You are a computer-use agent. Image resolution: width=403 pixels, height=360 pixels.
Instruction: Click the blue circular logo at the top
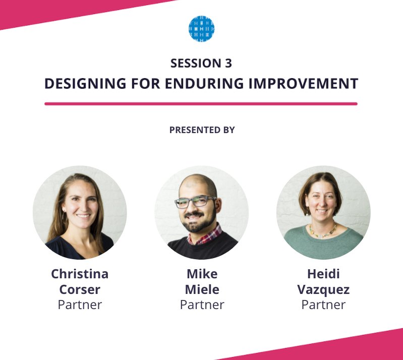point(201,28)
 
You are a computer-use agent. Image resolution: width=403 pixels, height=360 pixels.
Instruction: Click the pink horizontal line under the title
point(201,103)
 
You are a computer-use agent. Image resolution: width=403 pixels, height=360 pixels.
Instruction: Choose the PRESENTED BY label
point(202,130)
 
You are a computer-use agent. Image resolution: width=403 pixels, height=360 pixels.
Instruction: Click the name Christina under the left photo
point(80,274)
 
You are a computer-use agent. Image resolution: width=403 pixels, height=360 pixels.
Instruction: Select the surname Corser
point(80,289)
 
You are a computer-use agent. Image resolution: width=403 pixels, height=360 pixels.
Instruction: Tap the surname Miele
point(202,289)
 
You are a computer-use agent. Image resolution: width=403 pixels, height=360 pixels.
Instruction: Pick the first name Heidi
point(323,274)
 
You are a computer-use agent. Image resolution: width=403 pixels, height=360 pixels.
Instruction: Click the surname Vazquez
point(323,289)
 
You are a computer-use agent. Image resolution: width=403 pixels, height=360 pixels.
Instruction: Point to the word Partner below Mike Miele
point(202,305)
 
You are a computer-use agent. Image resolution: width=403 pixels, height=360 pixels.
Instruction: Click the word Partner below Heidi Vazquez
point(323,305)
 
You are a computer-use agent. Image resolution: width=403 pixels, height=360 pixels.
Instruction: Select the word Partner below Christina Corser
point(80,305)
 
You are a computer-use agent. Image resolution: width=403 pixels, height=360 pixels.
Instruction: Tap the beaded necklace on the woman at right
point(323,231)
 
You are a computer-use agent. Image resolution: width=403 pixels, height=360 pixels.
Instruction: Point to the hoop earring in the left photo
point(64,216)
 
